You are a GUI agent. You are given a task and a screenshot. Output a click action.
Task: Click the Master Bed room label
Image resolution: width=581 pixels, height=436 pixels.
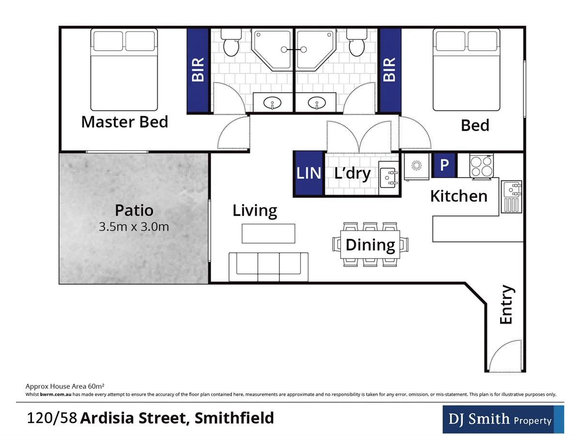tap(124, 122)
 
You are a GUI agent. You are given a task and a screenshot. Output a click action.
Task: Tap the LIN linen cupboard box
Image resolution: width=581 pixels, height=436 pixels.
tap(308, 173)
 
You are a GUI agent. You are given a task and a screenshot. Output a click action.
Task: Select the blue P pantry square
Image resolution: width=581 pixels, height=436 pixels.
tap(444, 165)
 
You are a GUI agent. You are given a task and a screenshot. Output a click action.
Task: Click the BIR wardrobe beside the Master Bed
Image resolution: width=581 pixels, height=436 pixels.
tap(199, 71)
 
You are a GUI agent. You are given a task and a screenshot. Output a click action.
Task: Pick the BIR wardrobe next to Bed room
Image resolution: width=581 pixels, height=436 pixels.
tap(390, 71)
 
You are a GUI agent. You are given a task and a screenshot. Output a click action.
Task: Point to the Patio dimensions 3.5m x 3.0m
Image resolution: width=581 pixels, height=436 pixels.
tap(134, 226)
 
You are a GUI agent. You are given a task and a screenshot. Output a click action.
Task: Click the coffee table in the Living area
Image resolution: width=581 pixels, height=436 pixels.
tap(268, 233)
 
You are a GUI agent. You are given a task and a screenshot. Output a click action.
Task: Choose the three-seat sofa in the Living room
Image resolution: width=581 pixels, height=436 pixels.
tap(268, 266)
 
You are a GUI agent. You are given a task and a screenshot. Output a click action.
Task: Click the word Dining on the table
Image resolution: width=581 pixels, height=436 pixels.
tap(370, 245)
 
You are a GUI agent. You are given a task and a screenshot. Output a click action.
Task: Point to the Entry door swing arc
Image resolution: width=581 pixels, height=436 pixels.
tap(505, 356)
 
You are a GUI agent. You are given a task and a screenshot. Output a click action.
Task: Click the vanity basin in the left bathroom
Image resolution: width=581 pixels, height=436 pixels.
tap(274, 103)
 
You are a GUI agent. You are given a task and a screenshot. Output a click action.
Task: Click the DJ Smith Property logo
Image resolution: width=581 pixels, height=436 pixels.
tap(503, 420)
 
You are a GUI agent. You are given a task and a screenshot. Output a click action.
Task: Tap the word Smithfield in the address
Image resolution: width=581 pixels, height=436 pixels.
tap(234, 418)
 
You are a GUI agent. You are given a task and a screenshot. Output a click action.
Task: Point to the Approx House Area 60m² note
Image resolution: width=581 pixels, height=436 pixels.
tap(65, 386)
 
